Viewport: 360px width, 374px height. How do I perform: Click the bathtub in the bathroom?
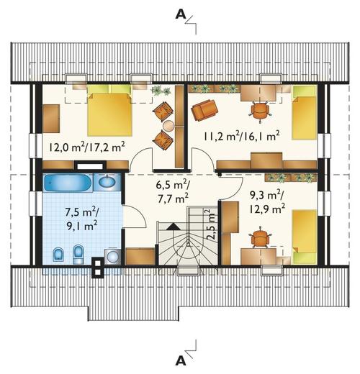68,183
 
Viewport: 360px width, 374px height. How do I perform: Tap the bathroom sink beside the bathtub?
107,182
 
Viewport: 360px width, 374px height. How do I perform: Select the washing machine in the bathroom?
112,256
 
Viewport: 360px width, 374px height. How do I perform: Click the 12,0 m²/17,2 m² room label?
87,147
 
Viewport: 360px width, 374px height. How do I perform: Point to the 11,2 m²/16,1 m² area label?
242,136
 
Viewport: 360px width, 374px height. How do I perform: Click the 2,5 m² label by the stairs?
211,224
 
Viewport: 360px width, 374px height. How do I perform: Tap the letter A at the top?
181,15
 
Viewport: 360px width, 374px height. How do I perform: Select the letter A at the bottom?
181,360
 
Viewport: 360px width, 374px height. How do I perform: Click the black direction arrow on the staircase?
174,227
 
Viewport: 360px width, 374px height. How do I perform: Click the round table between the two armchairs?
168,125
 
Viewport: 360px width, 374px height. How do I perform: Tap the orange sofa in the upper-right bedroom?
204,109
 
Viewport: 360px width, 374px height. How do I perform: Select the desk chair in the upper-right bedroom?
260,110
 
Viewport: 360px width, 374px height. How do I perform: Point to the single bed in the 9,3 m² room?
304,237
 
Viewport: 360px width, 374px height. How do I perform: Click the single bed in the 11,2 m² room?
304,112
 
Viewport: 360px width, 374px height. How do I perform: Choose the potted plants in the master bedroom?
161,91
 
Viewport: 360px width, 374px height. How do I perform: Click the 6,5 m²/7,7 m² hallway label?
172,192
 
